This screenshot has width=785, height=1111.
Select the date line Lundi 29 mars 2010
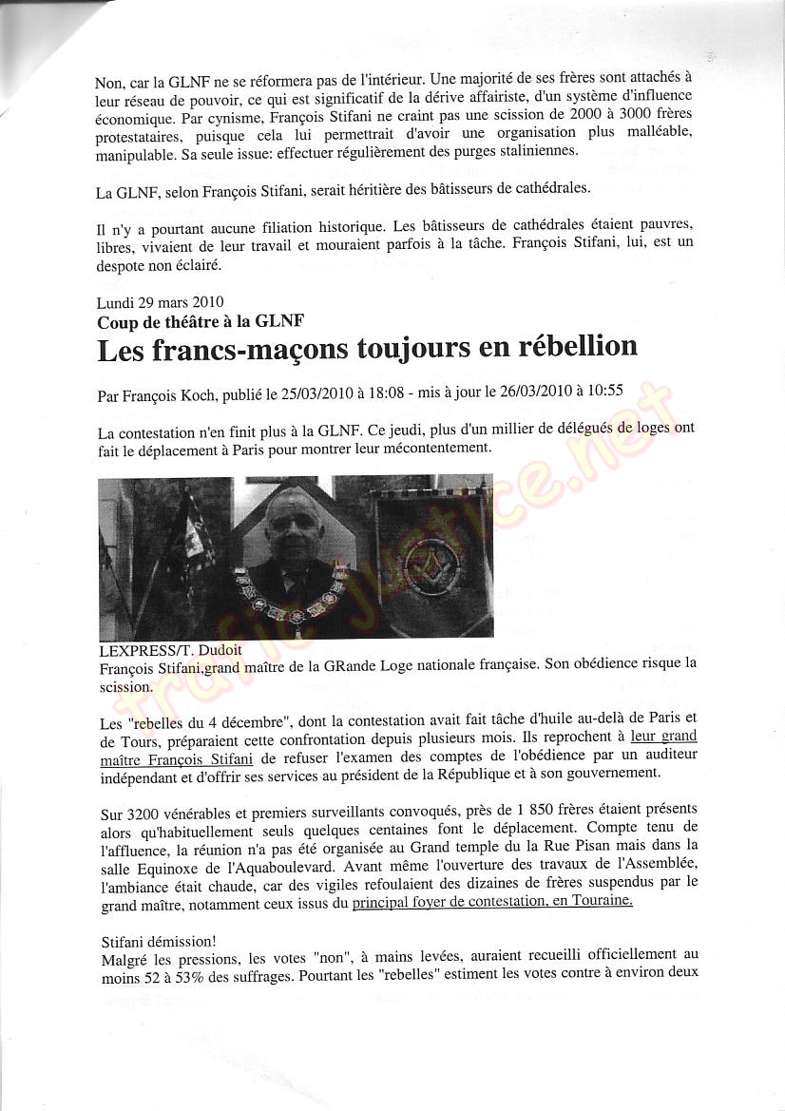(161, 303)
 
